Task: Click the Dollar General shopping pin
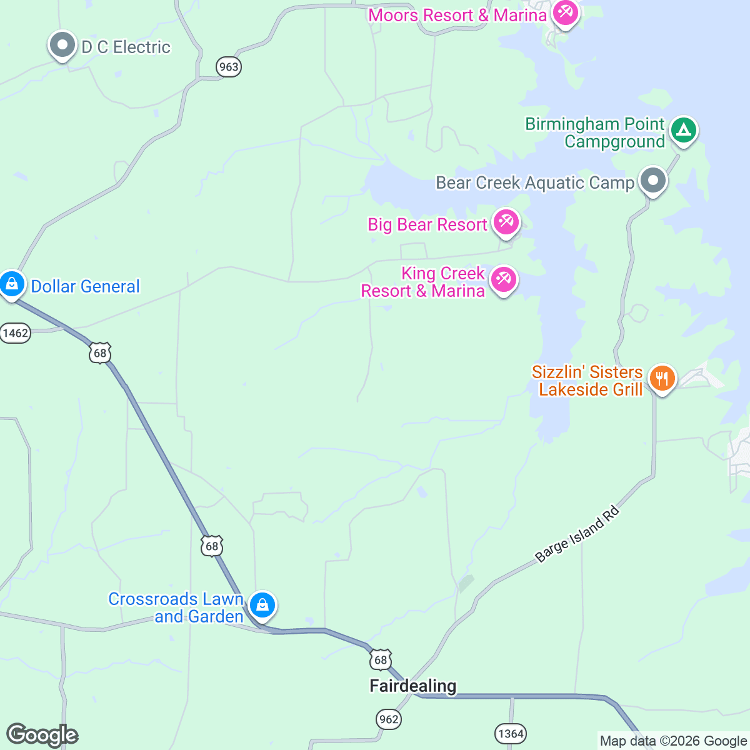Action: [11, 284]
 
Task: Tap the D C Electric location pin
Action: [62, 45]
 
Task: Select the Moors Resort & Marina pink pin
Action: [565, 12]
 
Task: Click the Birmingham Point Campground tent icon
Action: [683, 131]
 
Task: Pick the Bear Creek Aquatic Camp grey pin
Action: [653, 181]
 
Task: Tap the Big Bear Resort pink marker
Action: [506, 222]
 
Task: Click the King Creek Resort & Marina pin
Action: [503, 279]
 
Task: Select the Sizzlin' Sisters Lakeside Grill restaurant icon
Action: [662, 378]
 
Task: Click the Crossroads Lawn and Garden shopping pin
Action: [262, 605]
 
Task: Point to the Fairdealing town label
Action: [412, 686]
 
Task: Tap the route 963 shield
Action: [229, 67]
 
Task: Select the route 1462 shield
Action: [15, 332]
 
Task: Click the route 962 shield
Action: [388, 719]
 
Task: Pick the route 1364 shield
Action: [511, 733]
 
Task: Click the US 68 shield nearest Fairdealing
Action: [380, 659]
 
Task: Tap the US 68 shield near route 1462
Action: [100, 353]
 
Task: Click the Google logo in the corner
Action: [42, 735]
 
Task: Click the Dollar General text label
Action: [86, 286]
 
